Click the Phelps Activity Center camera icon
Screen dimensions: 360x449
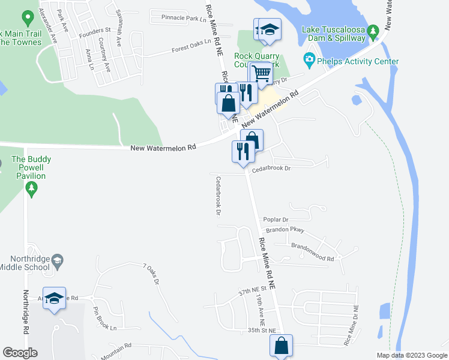(x=309, y=59)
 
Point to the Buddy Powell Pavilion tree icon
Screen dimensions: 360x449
(x=31, y=190)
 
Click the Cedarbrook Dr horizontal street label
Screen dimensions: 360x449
(x=271, y=169)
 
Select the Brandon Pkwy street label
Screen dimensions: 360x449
(x=289, y=230)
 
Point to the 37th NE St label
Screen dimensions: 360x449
(x=252, y=292)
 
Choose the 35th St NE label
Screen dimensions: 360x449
(x=261, y=331)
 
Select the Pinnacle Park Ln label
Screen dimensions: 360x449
(x=184, y=19)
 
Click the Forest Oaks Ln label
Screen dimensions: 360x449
(x=192, y=46)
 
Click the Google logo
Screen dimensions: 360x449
(x=20, y=353)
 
